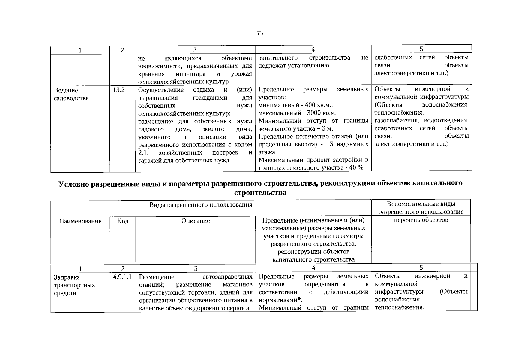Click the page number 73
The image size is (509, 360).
click(260, 33)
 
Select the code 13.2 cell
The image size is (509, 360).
click(118, 90)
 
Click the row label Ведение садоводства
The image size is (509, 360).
click(71, 94)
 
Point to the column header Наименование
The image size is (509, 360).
click(80, 221)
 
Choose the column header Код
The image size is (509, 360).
click(123, 221)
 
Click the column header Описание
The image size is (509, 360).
click(196, 221)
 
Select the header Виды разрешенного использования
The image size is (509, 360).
click(201, 205)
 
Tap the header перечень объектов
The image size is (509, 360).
click(421, 220)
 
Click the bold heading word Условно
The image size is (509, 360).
click(74, 184)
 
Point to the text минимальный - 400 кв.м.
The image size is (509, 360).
click(296, 105)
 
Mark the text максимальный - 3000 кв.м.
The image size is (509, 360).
click(298, 113)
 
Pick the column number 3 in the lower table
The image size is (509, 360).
click(196, 268)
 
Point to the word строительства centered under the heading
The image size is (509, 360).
click(260, 193)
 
